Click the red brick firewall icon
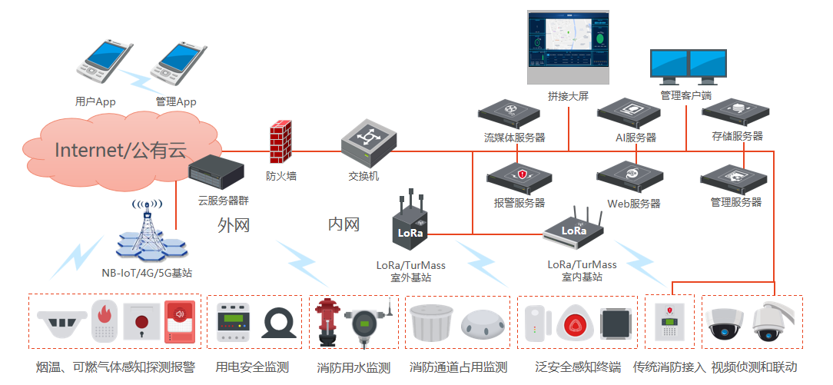click(280, 144)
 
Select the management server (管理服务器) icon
click(733, 179)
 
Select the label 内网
click(344, 224)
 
